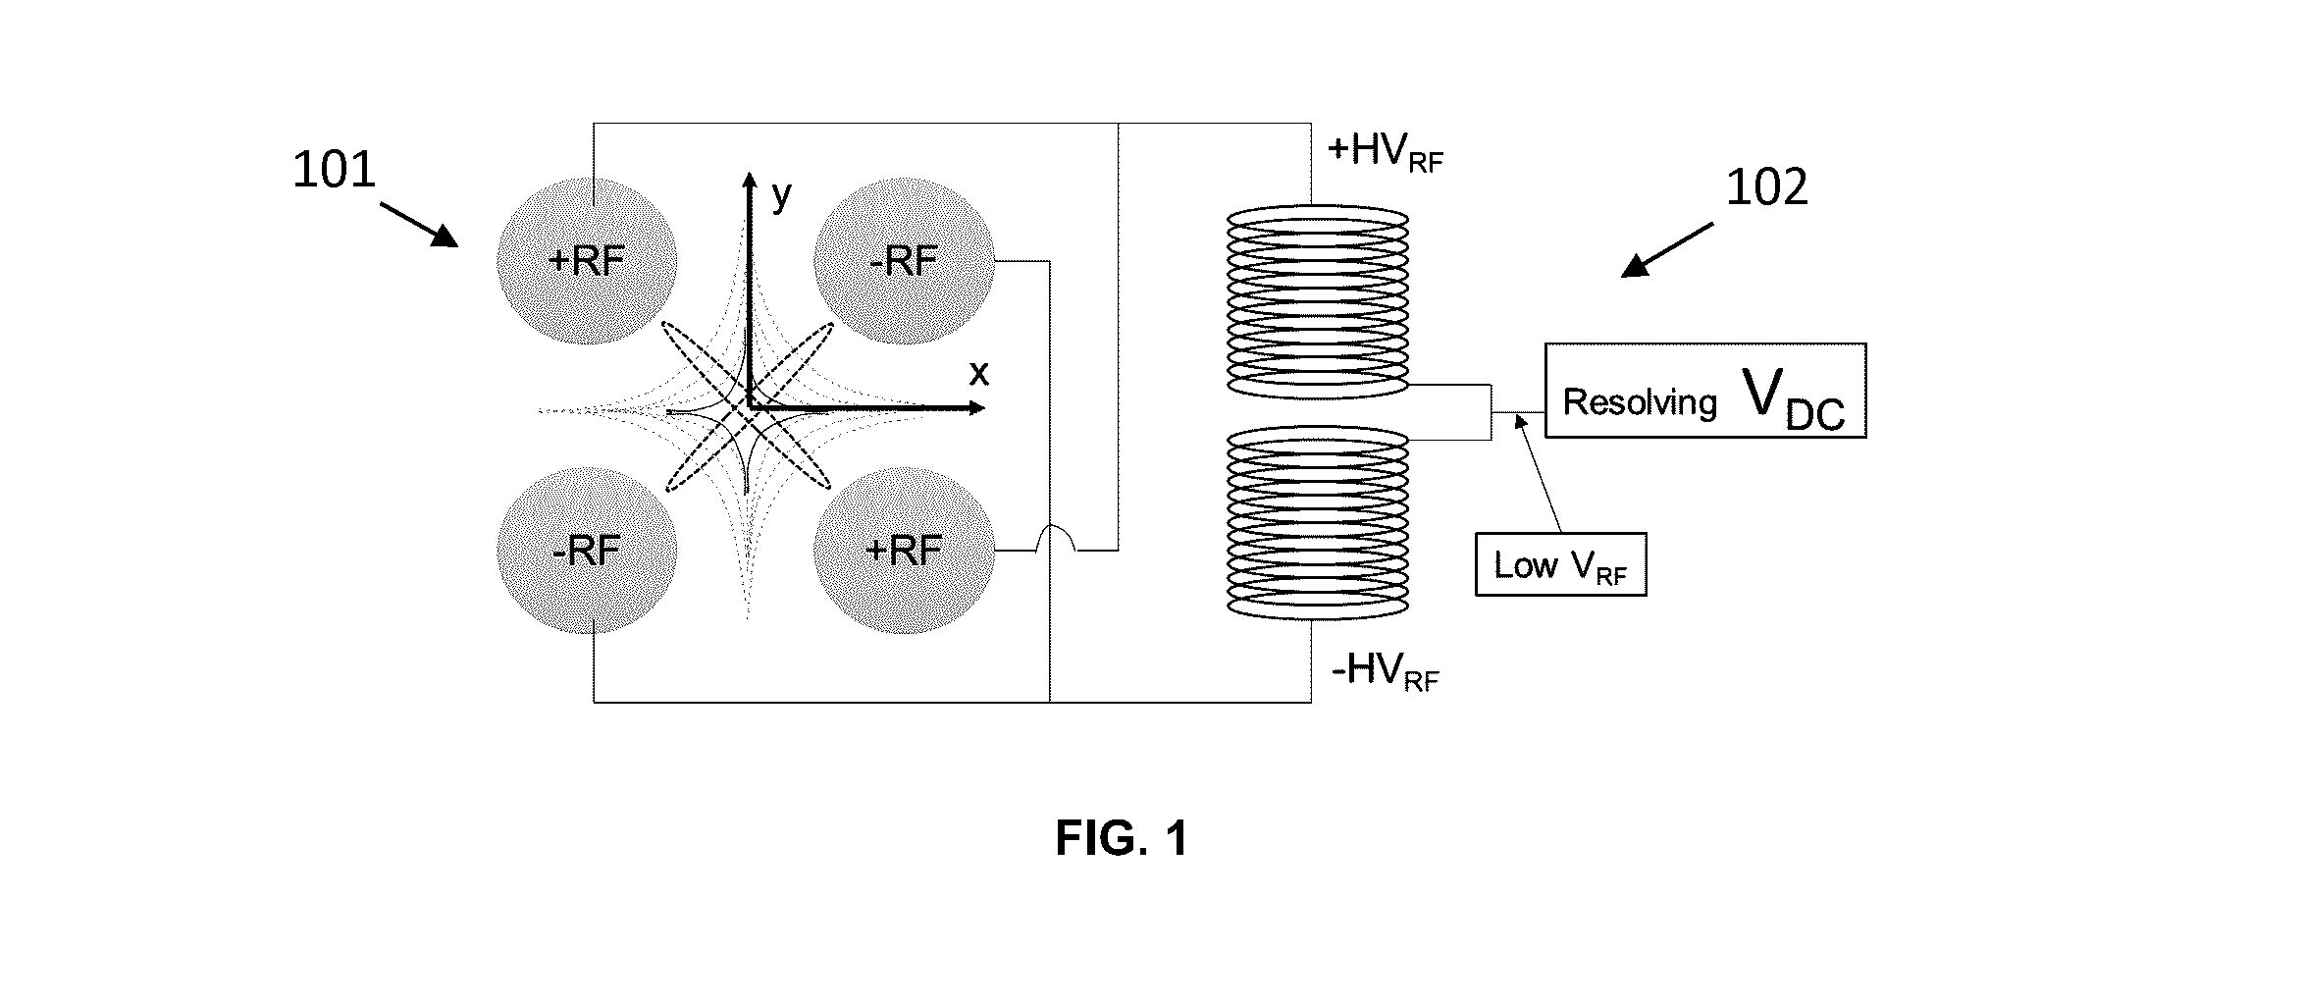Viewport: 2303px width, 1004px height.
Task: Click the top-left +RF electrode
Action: tap(587, 261)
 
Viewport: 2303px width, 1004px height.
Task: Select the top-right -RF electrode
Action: tap(904, 261)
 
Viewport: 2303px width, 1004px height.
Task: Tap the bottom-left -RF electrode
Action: tap(587, 551)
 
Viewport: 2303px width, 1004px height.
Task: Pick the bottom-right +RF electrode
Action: tap(904, 551)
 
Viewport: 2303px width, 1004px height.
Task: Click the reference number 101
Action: tap(335, 170)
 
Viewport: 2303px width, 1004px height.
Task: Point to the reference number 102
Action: tap(1766, 186)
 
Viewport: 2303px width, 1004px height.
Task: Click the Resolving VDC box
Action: tap(1705, 391)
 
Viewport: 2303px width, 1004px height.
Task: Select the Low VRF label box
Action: tap(1560, 564)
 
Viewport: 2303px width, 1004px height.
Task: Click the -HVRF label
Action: tap(1385, 672)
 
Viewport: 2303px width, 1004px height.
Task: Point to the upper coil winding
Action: tap(1319, 301)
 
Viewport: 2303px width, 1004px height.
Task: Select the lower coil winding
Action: tap(1319, 521)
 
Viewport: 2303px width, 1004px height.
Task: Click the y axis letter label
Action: tap(781, 196)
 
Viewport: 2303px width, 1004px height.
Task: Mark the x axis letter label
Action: tap(978, 374)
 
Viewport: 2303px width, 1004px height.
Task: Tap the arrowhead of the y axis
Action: tap(749, 179)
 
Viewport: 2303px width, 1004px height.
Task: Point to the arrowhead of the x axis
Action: tap(978, 407)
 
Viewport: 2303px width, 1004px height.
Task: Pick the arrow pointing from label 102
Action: tap(1666, 250)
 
